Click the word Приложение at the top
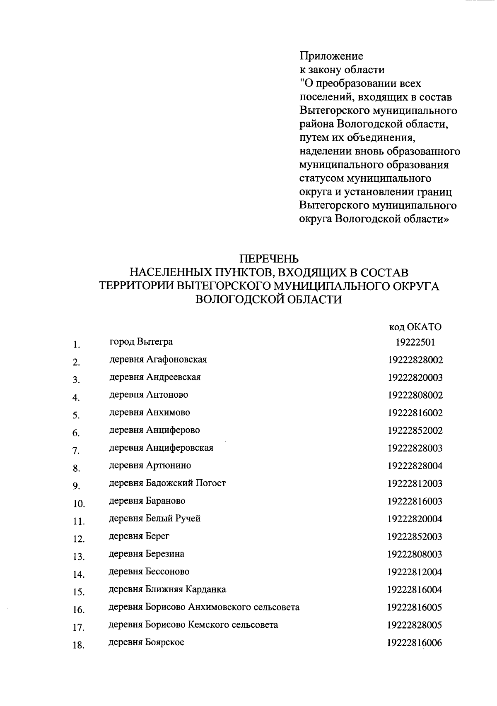point(331,56)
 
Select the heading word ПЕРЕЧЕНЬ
point(269,259)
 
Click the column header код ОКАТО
point(415,327)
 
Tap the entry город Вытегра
point(141,342)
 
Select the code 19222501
point(415,342)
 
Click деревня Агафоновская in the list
point(158,359)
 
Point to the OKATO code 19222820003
point(415,377)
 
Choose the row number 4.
point(76,398)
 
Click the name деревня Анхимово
point(150,412)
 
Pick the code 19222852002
point(415,430)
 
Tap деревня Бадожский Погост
point(167,483)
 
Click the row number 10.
point(79,504)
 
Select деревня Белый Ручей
point(154,519)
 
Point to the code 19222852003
point(415,537)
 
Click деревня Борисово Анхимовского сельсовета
point(204,607)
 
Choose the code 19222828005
point(415,625)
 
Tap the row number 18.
point(79,645)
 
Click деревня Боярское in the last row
point(146,642)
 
